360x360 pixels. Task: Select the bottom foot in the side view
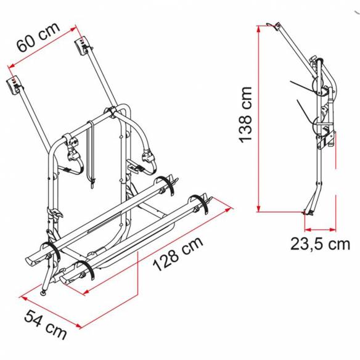(310, 213)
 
